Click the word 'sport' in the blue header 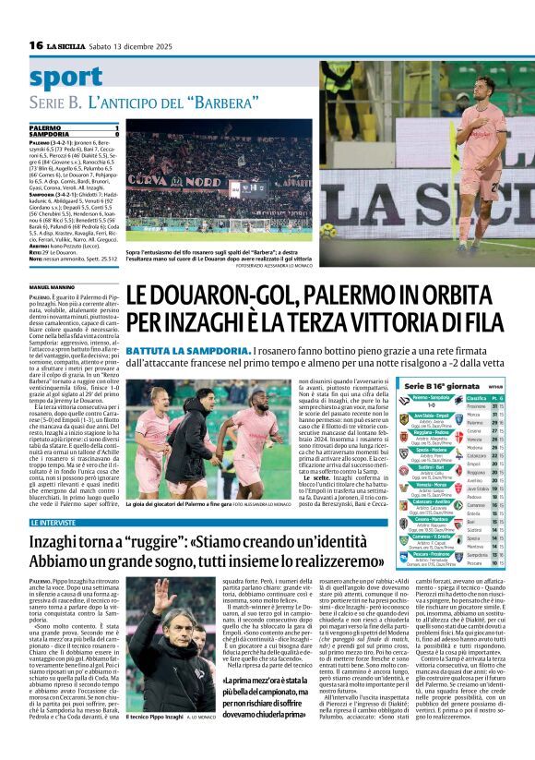point(66,78)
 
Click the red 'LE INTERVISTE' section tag point(55,523)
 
